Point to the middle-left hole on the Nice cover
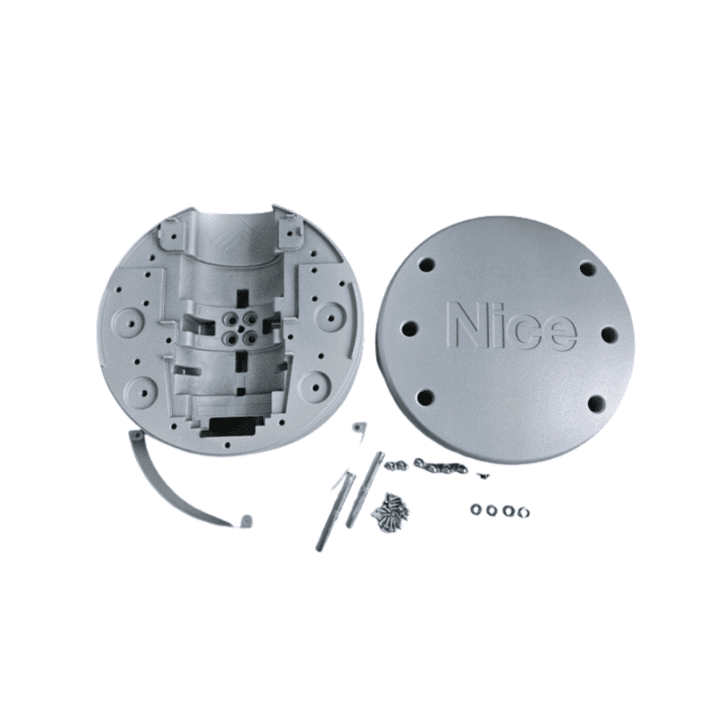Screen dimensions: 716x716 click(x=410, y=328)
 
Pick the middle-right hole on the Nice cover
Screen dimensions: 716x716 click(x=609, y=334)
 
